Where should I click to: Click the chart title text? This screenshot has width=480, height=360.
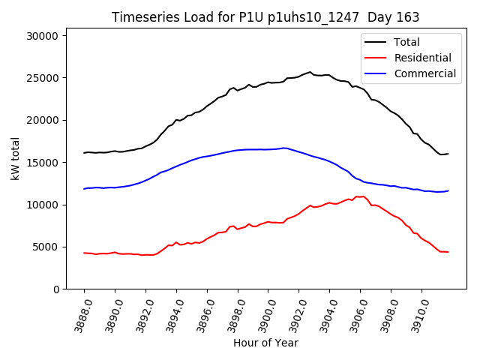coord(265,17)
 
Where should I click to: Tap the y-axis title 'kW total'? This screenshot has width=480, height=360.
coord(16,158)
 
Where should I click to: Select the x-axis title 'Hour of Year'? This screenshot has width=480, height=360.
coord(265,343)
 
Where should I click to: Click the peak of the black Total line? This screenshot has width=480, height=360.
coord(310,72)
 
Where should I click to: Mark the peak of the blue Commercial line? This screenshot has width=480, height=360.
coord(284,148)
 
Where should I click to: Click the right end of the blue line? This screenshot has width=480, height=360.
coord(448,190)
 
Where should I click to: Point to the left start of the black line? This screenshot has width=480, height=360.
coord(84,152)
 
